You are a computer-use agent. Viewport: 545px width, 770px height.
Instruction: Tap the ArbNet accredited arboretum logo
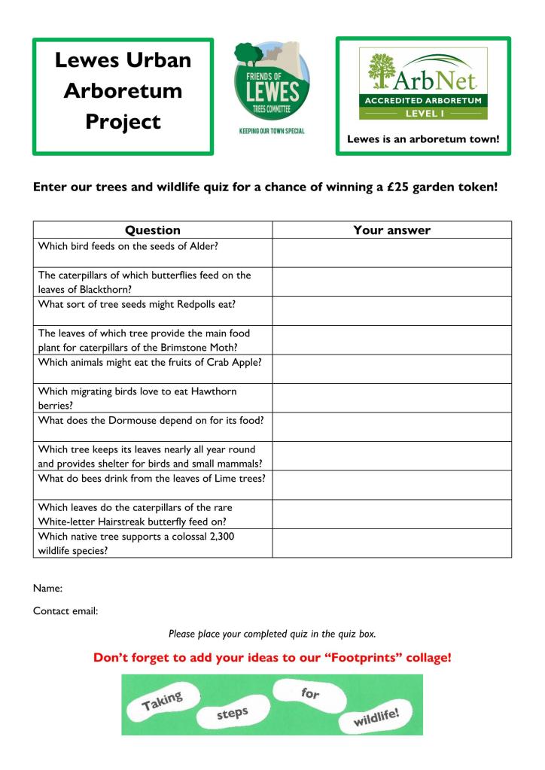[x=422, y=83]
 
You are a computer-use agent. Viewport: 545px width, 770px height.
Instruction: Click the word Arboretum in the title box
[x=123, y=91]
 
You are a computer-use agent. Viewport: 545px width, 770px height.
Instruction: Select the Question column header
[x=152, y=230]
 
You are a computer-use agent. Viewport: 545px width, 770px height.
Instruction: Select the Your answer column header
[x=391, y=230]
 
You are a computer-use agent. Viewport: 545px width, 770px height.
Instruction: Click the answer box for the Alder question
[x=391, y=253]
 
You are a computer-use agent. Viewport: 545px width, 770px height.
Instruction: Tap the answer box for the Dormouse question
[x=391, y=427]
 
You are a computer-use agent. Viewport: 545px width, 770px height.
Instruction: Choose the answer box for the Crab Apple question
[x=391, y=369]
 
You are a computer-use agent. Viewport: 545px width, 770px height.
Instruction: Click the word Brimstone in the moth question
[x=202, y=347]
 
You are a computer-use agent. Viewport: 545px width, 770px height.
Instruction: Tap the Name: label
[x=47, y=587]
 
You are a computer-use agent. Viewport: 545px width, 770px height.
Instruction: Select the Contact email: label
[x=65, y=610]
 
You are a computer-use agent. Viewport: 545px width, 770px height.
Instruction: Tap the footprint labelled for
[x=309, y=692]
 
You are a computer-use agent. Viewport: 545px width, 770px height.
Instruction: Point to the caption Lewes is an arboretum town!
[x=423, y=138]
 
